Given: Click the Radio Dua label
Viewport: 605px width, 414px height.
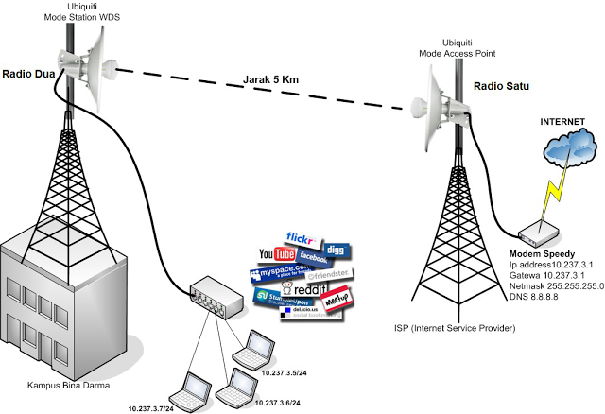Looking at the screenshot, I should (27, 73).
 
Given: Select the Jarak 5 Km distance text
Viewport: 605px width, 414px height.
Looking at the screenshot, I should (269, 81).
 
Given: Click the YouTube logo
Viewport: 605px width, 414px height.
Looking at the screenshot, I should (278, 254).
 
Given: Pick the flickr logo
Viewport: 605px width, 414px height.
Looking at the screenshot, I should (302, 239).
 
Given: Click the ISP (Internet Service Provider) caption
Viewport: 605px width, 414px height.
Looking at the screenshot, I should (455, 328).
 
